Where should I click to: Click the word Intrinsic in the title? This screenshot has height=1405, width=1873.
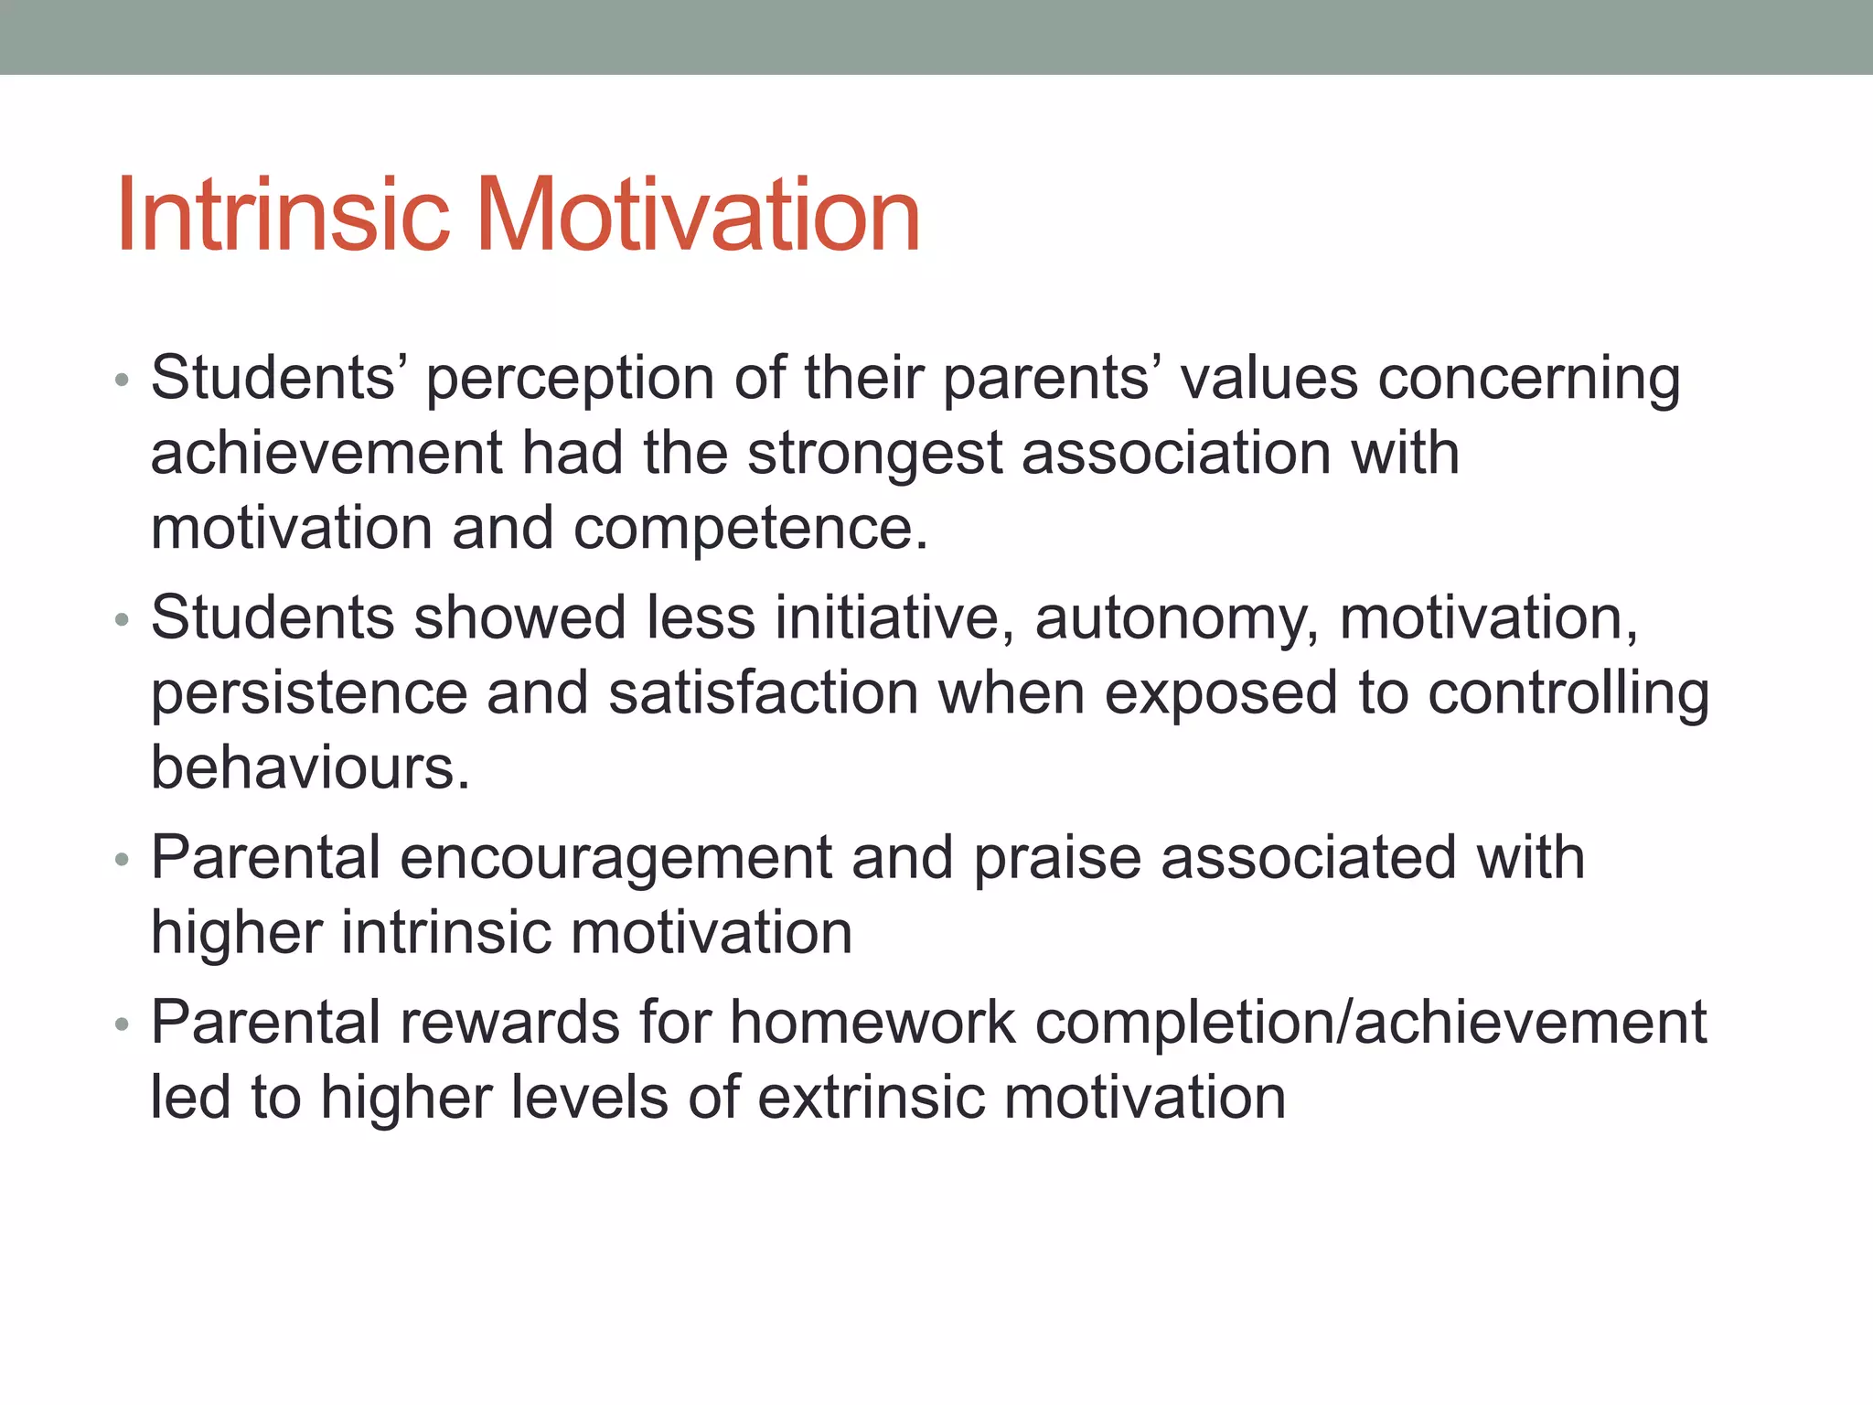point(283,215)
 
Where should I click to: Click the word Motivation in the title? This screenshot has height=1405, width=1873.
point(697,215)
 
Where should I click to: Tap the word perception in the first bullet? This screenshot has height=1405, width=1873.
point(570,380)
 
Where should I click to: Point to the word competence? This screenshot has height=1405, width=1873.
point(750,529)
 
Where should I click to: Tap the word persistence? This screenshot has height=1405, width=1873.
point(308,693)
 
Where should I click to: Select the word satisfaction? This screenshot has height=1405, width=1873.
point(763,693)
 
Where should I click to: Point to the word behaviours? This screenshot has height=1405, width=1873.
point(309,767)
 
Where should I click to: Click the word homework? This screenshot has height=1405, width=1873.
point(872,1023)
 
